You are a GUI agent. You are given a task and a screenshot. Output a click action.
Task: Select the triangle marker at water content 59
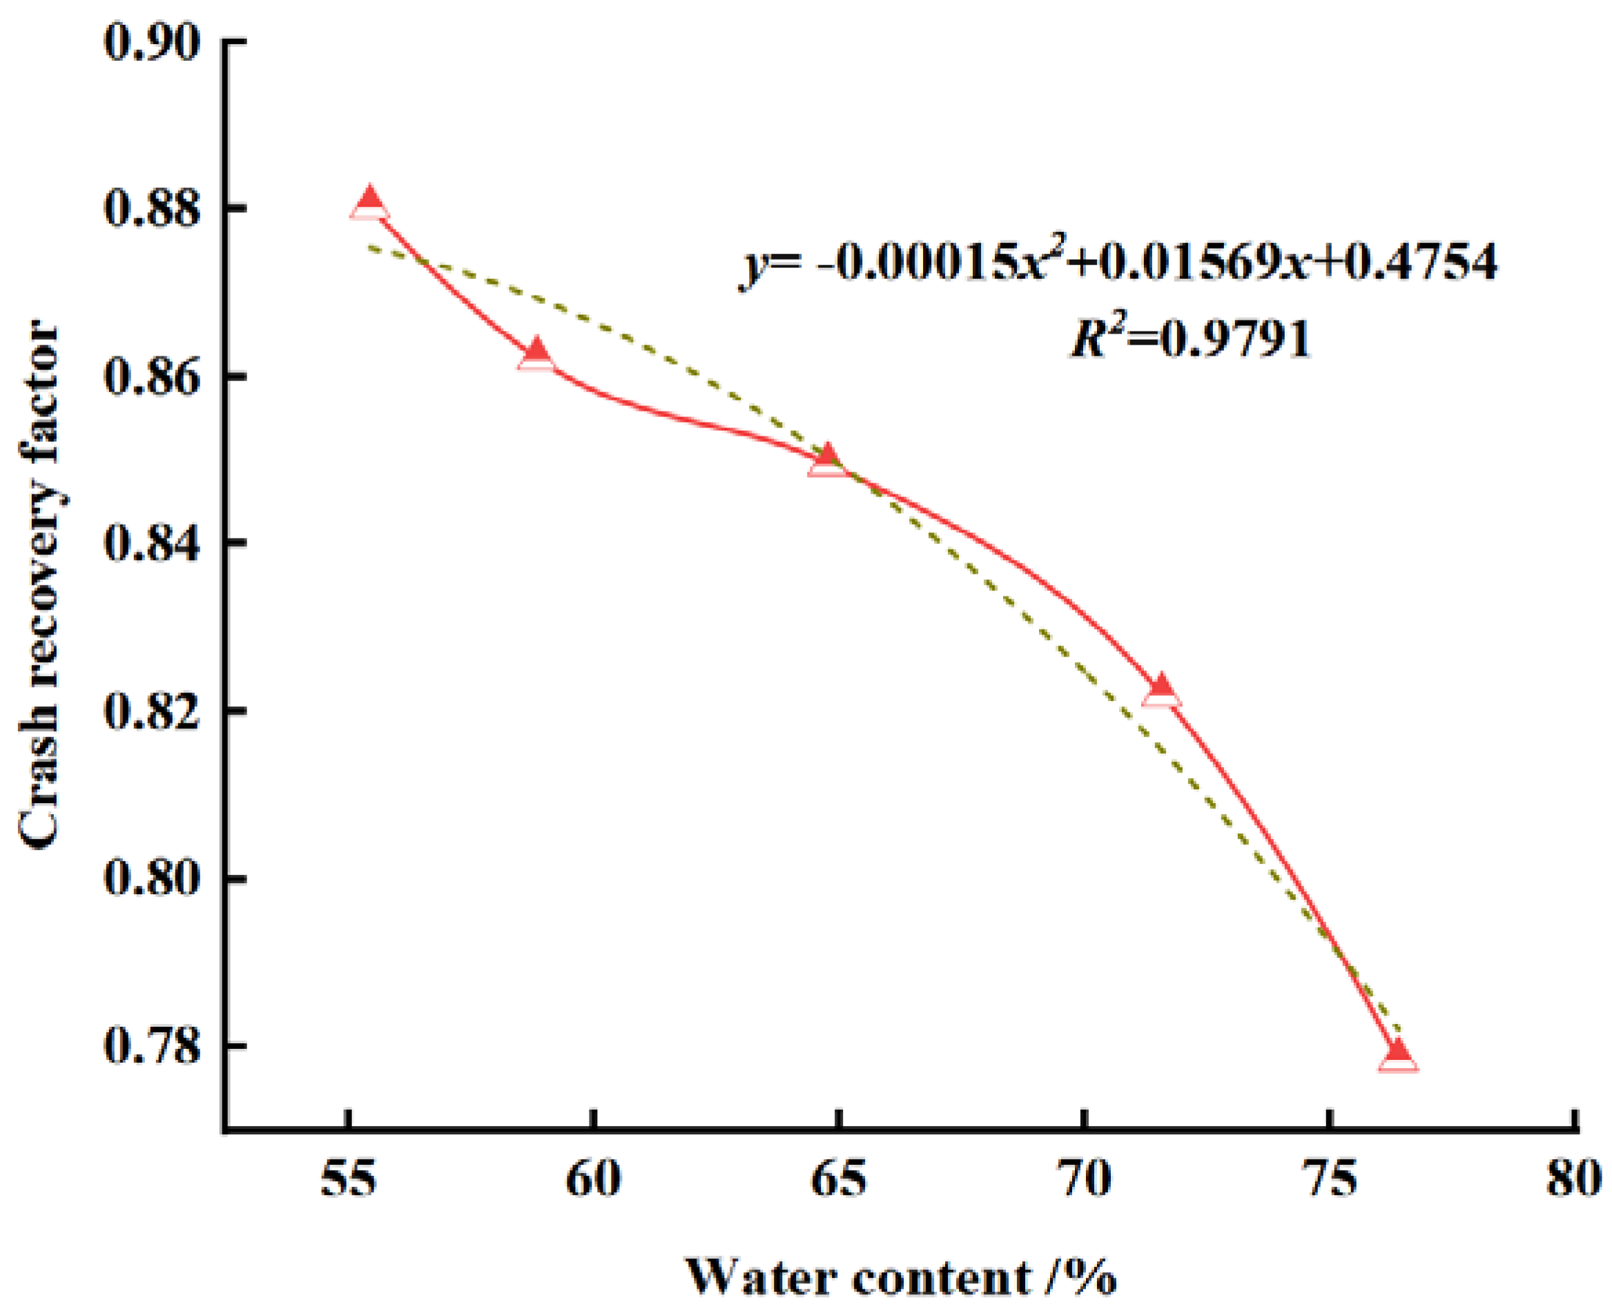click(536, 354)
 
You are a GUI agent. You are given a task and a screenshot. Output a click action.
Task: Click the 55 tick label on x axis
click(348, 1179)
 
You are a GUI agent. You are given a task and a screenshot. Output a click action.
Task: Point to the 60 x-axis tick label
click(594, 1179)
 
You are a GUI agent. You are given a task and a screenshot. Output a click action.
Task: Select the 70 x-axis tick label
click(1085, 1179)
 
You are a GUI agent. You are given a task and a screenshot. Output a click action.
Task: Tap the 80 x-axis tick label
click(1574, 1179)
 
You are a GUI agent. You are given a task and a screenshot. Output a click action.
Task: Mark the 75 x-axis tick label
click(1330, 1179)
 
